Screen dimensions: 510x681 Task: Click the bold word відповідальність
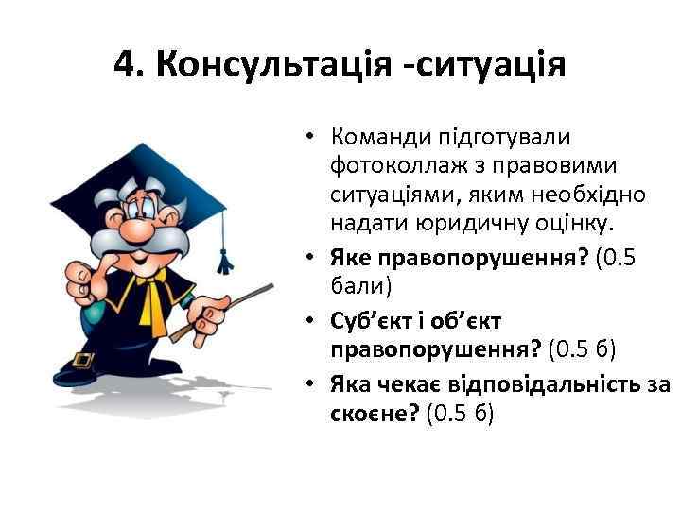530,383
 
